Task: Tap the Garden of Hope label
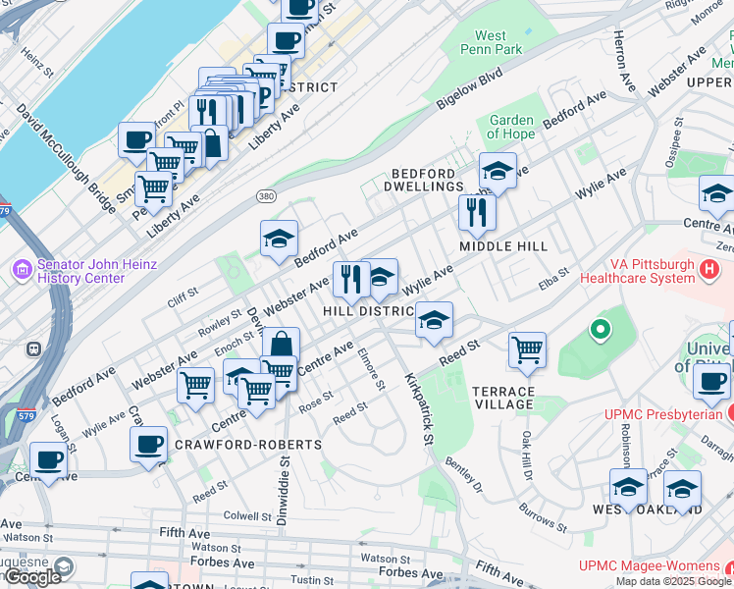(x=511, y=127)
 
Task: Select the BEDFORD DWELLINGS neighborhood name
(x=427, y=179)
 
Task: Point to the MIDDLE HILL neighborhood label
(x=502, y=245)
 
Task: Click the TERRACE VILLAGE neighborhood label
(x=503, y=398)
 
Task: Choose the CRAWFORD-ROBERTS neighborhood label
(x=247, y=445)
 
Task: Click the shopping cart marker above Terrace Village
(x=528, y=349)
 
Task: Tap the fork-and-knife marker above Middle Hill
(x=477, y=210)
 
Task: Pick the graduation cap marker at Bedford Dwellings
(x=498, y=170)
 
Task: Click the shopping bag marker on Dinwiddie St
(x=281, y=345)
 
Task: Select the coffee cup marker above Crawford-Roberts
(x=149, y=444)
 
